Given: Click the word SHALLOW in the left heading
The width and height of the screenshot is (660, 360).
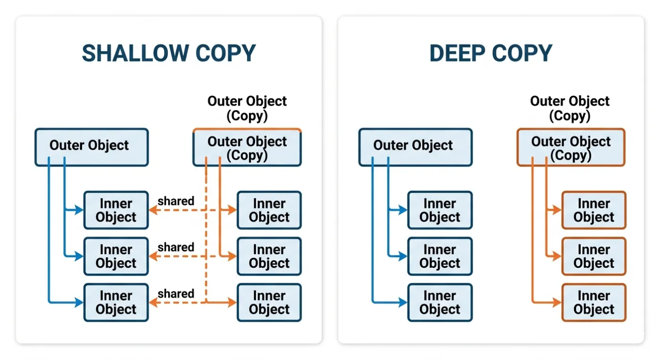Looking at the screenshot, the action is pyautogui.click(x=135, y=53).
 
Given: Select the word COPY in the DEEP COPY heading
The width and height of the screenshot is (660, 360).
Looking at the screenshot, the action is pyautogui.click(x=522, y=53).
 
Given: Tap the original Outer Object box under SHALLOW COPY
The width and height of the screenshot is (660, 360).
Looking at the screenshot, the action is pyautogui.click(x=91, y=147).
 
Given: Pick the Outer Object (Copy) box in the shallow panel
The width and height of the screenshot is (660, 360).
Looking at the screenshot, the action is pyautogui.click(x=247, y=147).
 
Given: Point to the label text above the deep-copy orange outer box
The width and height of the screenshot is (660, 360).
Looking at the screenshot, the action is pyautogui.click(x=570, y=108).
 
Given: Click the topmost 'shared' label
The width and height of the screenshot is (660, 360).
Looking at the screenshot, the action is pyautogui.click(x=176, y=201).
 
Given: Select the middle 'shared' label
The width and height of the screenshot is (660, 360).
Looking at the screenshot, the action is pyautogui.click(x=176, y=247).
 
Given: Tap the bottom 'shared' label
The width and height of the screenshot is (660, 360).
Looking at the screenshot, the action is pyautogui.click(x=176, y=294).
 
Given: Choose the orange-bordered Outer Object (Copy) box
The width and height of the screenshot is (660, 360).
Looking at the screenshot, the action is pyautogui.click(x=571, y=147).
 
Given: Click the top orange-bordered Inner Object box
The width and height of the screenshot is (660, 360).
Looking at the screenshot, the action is pyautogui.click(x=594, y=210).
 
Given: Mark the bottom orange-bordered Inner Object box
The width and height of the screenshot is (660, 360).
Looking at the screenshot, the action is pyautogui.click(x=594, y=302).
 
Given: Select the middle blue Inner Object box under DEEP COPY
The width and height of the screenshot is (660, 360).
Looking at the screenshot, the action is pyautogui.click(x=440, y=256).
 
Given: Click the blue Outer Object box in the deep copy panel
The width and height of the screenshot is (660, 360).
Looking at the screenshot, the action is pyautogui.click(x=415, y=147).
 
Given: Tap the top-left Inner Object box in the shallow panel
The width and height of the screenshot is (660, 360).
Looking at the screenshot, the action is pyautogui.click(x=116, y=210).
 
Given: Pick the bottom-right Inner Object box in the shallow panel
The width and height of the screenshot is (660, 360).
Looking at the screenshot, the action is pyautogui.click(x=269, y=302).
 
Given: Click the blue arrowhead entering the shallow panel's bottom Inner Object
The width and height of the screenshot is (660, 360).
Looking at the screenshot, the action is pyautogui.click(x=79, y=302).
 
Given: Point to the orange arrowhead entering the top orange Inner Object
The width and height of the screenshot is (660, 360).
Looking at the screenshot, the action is pyautogui.click(x=557, y=210).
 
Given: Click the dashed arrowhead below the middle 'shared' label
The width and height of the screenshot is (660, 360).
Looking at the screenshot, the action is pyautogui.click(x=154, y=256).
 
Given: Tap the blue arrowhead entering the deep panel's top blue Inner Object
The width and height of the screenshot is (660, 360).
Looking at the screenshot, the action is pyautogui.click(x=403, y=210).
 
